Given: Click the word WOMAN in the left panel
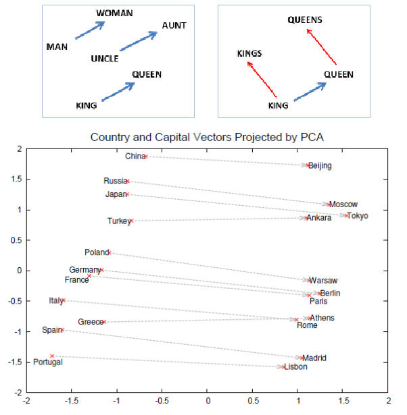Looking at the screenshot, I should click(x=114, y=13).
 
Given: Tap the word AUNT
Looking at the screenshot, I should click(x=174, y=26).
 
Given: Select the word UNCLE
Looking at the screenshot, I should click(x=104, y=59).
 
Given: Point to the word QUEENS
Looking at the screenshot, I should click(x=305, y=20).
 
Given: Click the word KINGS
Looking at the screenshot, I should click(x=249, y=53).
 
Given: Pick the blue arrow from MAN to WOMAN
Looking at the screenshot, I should click(x=90, y=30).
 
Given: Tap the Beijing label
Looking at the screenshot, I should click(x=320, y=166).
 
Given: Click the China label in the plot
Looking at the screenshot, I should click(x=135, y=157).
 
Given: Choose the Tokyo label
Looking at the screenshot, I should click(x=358, y=216).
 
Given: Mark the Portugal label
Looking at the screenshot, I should click(x=48, y=362).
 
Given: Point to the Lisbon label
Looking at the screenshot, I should click(x=295, y=367).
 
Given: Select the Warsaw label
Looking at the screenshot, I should click(x=323, y=281).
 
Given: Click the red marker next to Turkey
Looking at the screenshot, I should click(x=131, y=221).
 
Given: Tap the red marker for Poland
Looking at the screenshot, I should click(x=110, y=252).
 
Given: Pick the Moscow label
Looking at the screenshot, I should click(x=343, y=204).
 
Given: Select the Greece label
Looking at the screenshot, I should click(x=89, y=322).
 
